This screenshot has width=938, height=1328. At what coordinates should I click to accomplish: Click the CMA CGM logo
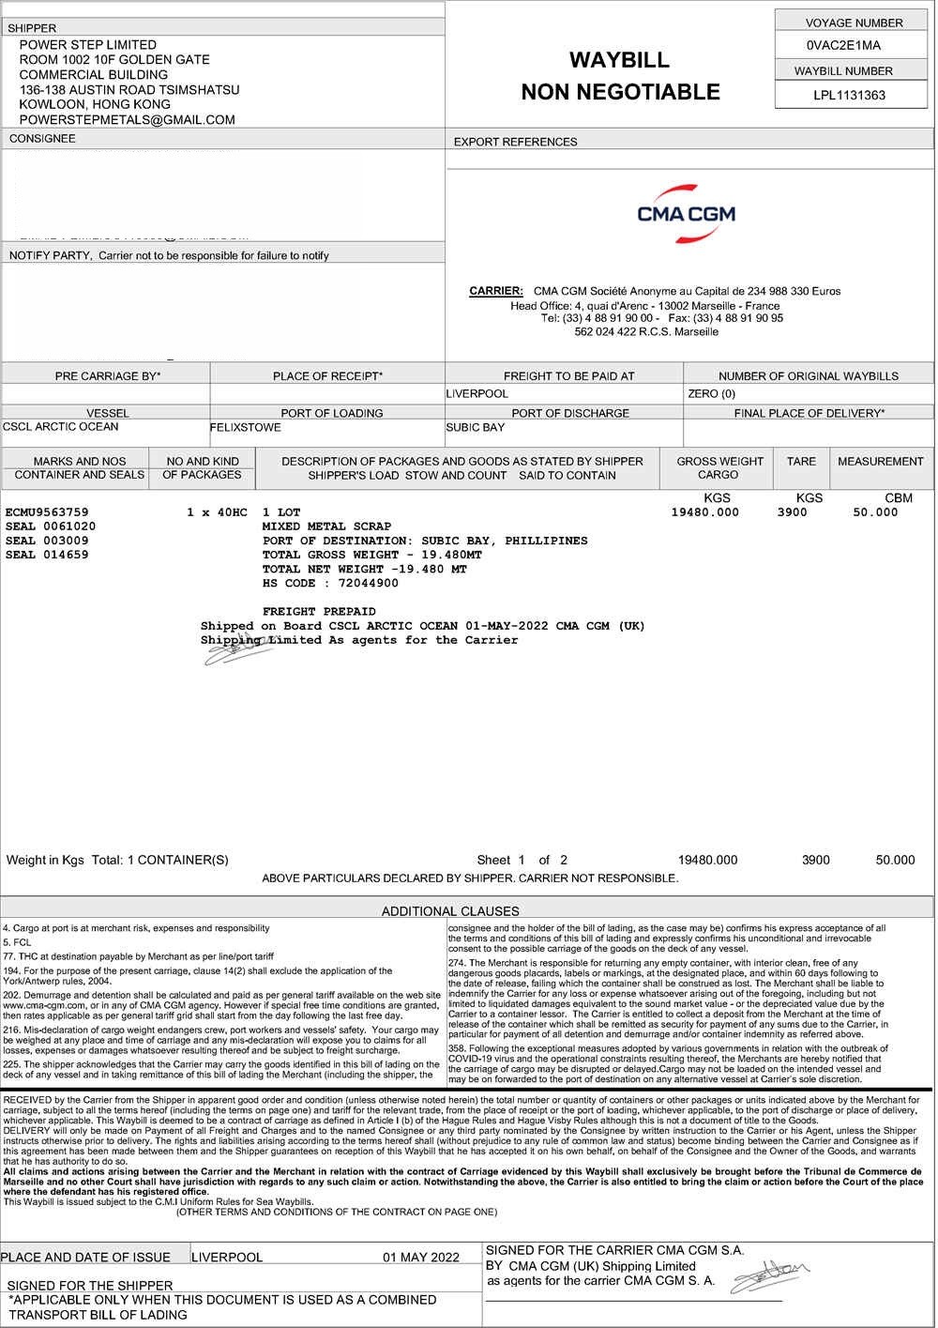(686, 214)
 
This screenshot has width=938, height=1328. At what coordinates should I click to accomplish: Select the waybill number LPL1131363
(849, 95)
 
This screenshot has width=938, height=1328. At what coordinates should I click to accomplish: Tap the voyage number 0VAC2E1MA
(843, 45)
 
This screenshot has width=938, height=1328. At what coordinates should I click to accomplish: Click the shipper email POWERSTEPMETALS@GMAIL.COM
(127, 119)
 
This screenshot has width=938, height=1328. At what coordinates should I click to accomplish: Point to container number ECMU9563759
(47, 512)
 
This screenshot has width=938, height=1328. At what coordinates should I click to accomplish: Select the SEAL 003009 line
(47, 541)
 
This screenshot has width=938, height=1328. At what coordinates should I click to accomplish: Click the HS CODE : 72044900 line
(330, 583)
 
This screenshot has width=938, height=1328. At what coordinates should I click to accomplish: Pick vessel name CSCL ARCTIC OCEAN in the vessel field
(61, 427)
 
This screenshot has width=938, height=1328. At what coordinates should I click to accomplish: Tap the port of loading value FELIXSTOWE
(245, 427)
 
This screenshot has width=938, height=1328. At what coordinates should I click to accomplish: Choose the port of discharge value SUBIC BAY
(475, 427)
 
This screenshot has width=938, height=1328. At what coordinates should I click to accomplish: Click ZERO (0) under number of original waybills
(711, 394)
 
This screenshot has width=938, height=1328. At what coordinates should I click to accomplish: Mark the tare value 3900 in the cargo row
(792, 512)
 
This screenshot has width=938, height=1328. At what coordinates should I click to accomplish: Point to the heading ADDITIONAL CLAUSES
(450, 910)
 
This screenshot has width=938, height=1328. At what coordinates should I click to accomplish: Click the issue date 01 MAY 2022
(421, 1258)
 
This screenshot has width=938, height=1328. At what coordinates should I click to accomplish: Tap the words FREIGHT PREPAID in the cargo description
(319, 611)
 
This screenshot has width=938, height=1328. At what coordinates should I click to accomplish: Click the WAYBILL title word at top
(619, 60)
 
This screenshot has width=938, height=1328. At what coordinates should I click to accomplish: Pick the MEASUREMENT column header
(880, 461)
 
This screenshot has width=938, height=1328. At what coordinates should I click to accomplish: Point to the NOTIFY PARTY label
(50, 255)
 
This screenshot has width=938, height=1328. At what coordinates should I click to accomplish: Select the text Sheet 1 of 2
(522, 860)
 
